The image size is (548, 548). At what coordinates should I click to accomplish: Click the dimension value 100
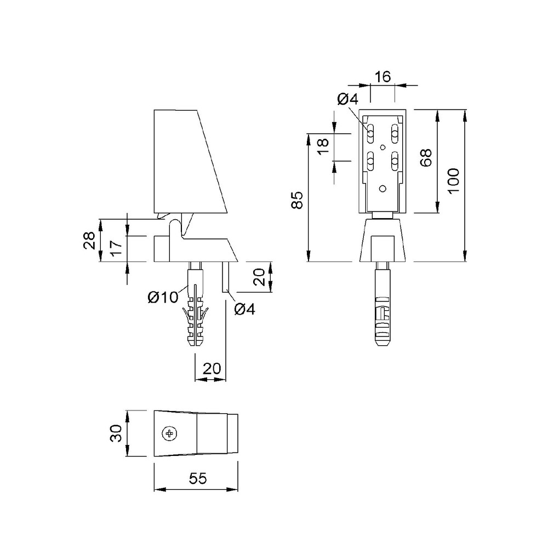point(453,181)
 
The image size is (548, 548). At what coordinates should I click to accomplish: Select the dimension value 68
point(426,158)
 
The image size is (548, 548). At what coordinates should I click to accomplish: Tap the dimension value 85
point(298,200)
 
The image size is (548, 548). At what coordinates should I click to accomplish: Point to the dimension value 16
point(383,77)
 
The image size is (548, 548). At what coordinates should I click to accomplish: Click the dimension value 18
point(324,147)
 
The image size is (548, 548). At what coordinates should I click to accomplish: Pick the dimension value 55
point(198,478)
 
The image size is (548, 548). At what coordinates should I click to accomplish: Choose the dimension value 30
point(116,433)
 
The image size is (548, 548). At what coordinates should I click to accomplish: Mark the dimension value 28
point(89,241)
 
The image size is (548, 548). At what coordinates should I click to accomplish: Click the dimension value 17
point(116,248)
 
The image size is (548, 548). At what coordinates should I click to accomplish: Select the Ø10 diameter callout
point(163,298)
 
